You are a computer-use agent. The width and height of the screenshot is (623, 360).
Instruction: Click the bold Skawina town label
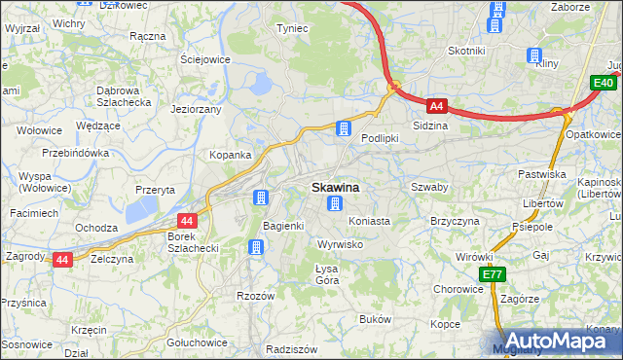[335, 187]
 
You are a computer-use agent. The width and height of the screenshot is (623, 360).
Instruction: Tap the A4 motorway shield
[437, 106]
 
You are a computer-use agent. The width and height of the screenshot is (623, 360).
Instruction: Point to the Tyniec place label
[292, 28]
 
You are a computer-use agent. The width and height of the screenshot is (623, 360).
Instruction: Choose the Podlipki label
[381, 138]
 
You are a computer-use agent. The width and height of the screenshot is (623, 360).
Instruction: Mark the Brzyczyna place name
[457, 221]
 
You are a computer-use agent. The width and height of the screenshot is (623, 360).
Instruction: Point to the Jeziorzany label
[197, 109]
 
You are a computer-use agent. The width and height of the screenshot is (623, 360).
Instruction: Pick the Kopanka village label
[231, 155]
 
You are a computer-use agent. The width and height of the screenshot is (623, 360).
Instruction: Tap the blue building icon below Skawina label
[335, 204]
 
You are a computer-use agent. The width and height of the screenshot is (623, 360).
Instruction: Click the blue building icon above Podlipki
[343, 127]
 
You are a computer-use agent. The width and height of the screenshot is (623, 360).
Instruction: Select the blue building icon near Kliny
[533, 55]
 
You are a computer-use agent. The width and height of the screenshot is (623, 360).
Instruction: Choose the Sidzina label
[430, 126]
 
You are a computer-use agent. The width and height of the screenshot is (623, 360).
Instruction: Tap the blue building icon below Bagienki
[255, 247]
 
